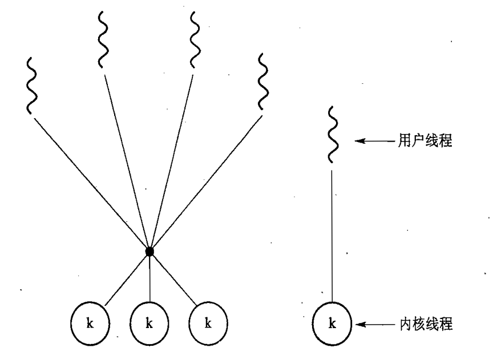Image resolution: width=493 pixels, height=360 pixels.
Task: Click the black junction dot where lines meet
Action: pyautogui.click(x=149, y=251)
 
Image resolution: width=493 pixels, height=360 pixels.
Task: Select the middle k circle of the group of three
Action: pyautogui.click(x=149, y=324)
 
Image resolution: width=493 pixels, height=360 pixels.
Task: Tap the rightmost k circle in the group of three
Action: pyautogui.click(x=208, y=324)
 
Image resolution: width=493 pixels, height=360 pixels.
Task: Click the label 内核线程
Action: pyautogui.click(x=424, y=325)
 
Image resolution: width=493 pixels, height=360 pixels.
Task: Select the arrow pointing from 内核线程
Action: pyautogui.click(x=374, y=325)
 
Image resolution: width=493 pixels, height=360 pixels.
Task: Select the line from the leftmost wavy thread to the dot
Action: pyautogui.click(x=91, y=184)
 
